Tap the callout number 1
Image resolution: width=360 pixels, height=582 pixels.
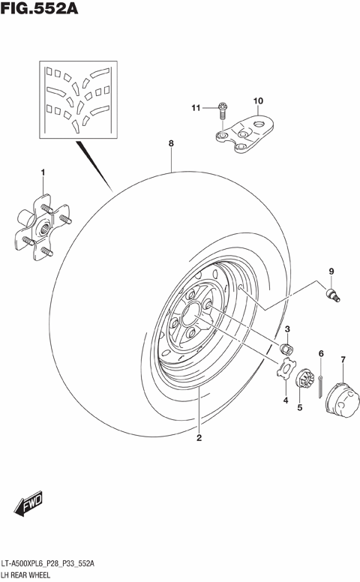(x=43, y=173)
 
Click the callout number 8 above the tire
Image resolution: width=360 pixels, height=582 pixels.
(x=171, y=142)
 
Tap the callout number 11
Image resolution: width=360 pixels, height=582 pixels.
(x=196, y=109)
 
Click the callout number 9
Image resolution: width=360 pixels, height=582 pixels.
(x=329, y=271)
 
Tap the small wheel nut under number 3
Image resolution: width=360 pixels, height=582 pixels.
(x=285, y=348)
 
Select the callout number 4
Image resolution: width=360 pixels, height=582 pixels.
(x=285, y=400)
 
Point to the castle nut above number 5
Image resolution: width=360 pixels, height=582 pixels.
(x=303, y=380)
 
